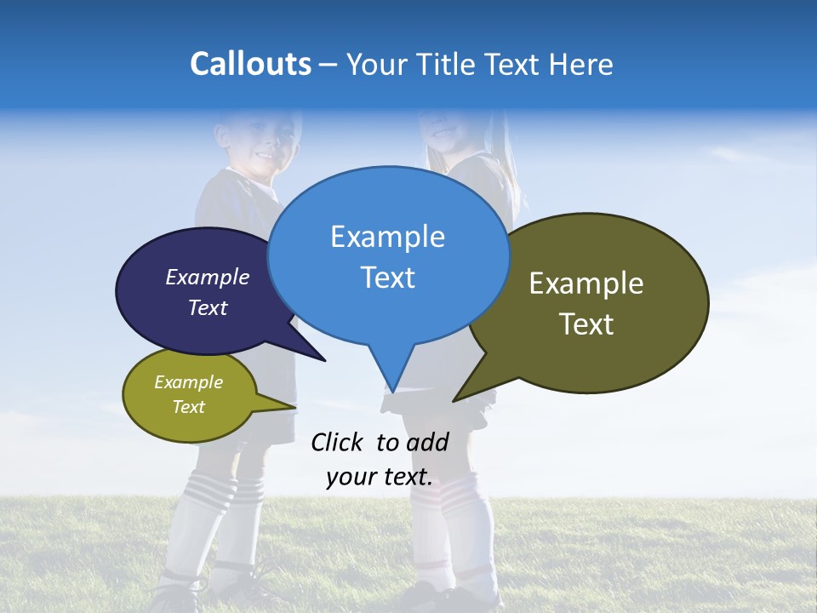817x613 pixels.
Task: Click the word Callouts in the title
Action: (x=250, y=64)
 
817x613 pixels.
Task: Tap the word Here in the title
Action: (x=581, y=65)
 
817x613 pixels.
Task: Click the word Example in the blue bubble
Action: (x=387, y=237)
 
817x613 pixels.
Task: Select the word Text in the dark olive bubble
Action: (x=586, y=324)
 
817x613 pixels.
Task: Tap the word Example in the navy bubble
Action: (x=207, y=277)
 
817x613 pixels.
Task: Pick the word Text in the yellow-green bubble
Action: (x=188, y=407)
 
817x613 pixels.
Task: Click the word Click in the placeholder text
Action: (x=336, y=442)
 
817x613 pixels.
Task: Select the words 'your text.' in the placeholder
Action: (x=380, y=477)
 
